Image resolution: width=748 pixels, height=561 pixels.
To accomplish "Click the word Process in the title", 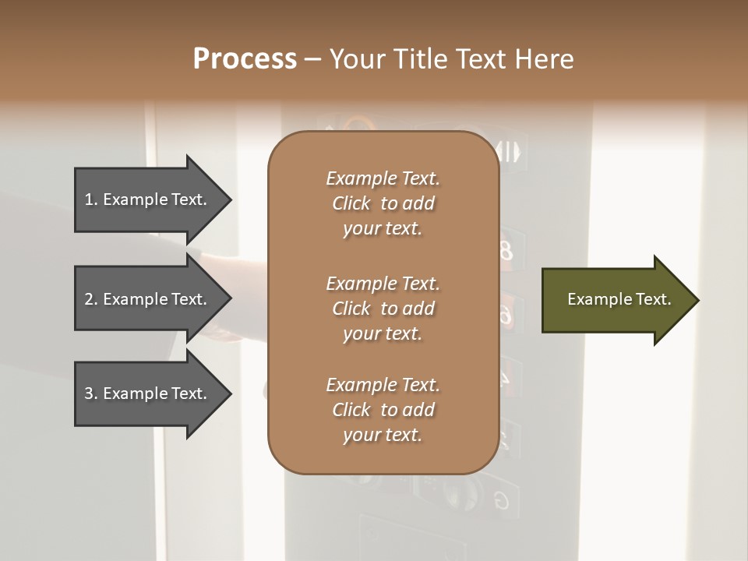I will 245,59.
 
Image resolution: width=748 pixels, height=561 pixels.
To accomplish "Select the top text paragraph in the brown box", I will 383,203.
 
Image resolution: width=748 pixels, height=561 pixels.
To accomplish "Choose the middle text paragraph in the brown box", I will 383,308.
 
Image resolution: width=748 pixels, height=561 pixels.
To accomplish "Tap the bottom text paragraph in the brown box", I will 383,410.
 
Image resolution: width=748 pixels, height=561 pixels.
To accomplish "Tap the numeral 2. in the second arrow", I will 91,299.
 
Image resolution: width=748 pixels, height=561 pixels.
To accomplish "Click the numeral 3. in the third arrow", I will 91,393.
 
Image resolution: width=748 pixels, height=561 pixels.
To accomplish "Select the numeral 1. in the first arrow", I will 91,199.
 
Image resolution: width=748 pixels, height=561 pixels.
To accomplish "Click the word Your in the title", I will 356,59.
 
